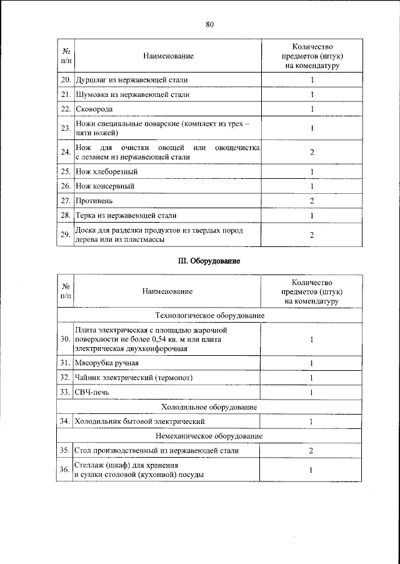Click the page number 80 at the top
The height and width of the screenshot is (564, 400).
point(209,24)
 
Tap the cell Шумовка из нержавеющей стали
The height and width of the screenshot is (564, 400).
point(132,94)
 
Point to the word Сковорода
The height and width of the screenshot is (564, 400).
point(94,109)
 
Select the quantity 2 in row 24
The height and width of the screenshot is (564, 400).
point(311,152)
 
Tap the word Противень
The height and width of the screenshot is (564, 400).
point(94,201)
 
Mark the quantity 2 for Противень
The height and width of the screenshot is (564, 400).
point(311,201)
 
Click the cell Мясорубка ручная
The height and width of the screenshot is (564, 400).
point(107,363)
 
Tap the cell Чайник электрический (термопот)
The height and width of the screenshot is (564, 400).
point(134,378)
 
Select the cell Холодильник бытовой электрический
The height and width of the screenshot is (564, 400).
point(140,421)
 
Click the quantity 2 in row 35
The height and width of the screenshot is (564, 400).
point(311,450)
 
